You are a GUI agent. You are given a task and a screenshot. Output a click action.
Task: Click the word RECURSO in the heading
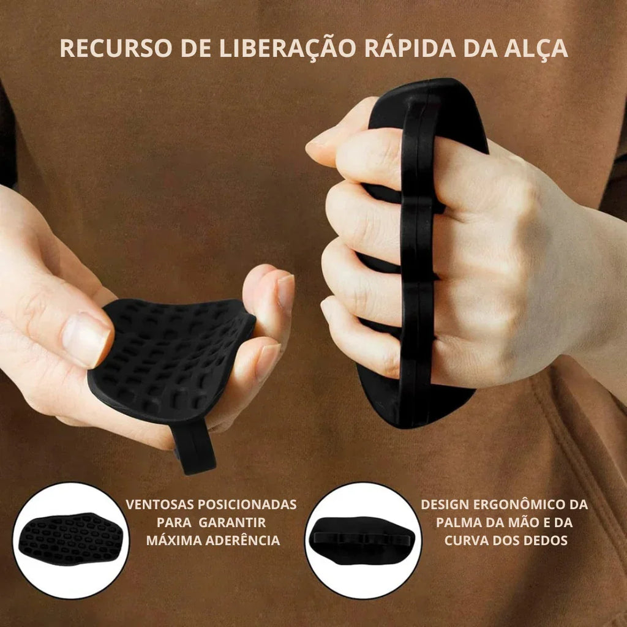coord(116,48)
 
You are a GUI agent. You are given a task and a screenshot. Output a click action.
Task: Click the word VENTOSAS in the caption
coord(160,505)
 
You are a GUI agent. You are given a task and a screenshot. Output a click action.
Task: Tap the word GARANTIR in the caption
coord(232,522)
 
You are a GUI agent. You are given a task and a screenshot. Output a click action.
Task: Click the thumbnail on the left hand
coord(85,339)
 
